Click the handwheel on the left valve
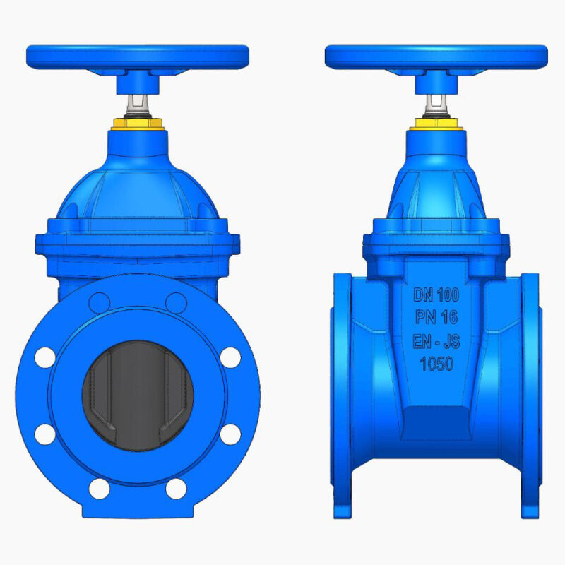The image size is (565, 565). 138,57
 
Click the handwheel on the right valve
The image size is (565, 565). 436,57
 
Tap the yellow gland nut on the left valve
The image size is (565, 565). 138,124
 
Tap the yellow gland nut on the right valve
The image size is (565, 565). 436,124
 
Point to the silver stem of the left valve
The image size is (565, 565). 138,105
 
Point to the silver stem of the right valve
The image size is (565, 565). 436,105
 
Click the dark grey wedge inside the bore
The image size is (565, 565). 138,395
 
